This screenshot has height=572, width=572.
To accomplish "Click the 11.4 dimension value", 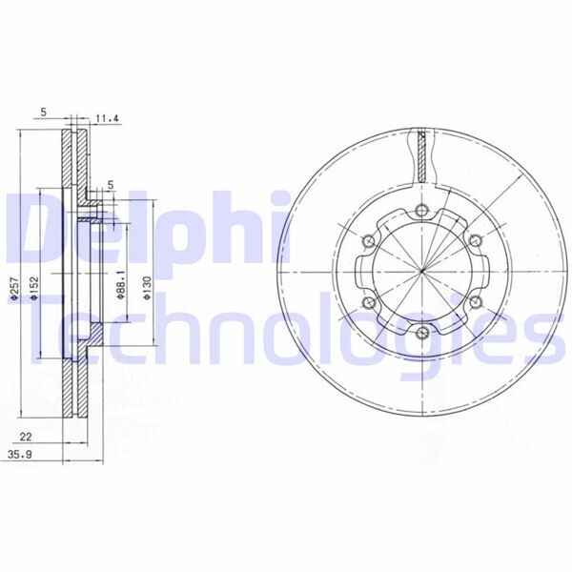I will click(x=107, y=120).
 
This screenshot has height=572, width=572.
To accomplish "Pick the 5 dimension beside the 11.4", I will click(x=45, y=112).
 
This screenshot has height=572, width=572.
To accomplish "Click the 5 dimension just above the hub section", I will click(x=111, y=185).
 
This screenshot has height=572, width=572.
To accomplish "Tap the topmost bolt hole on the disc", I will click(x=421, y=210).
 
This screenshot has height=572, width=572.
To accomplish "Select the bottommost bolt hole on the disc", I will click(x=421, y=332).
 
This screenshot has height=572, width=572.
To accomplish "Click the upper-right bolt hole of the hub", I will click(x=474, y=240).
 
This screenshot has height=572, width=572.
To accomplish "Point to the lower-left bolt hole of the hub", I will click(x=369, y=302).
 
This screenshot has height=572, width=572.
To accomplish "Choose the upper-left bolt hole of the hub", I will click(x=369, y=240).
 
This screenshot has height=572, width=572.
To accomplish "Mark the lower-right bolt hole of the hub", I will click(x=474, y=302).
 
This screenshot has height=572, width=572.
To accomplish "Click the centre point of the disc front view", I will click(x=421, y=271).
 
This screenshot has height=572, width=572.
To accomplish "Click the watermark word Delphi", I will click(x=148, y=229).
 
